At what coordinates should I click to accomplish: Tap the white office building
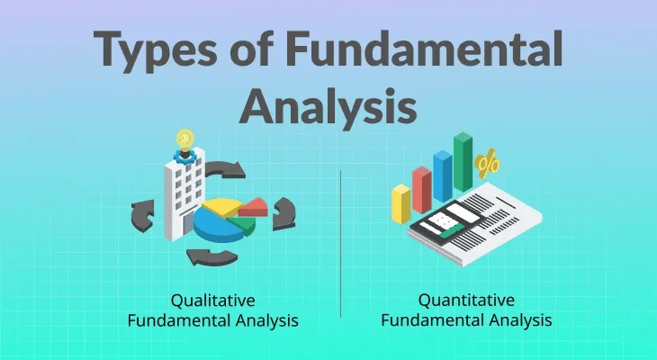pyautogui.click(x=184, y=199)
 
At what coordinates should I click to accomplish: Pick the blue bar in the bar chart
pyautogui.click(x=442, y=175)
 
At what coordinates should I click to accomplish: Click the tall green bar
pyautogui.click(x=463, y=162)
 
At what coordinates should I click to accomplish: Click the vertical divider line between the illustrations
pyautogui.click(x=340, y=243)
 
